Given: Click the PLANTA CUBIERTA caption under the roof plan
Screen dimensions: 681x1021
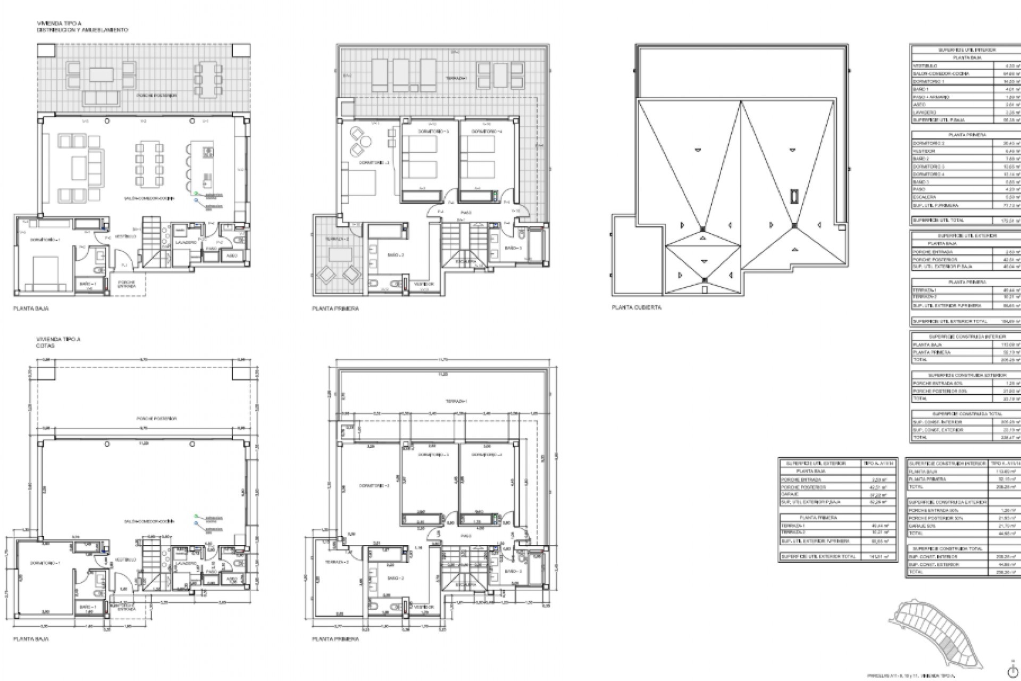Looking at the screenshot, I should click(637, 308).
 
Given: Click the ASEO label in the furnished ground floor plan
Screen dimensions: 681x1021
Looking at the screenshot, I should click(232, 256).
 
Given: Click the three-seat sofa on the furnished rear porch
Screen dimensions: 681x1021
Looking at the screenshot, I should click(102, 98).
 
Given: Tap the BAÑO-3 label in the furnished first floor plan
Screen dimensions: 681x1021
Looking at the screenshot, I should click(513, 248).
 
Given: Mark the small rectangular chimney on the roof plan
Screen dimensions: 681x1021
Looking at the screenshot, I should click(794, 196).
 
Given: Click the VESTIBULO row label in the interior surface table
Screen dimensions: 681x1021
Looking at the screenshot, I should click(925, 66).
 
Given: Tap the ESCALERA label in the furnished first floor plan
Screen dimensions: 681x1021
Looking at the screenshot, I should click(465, 262).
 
